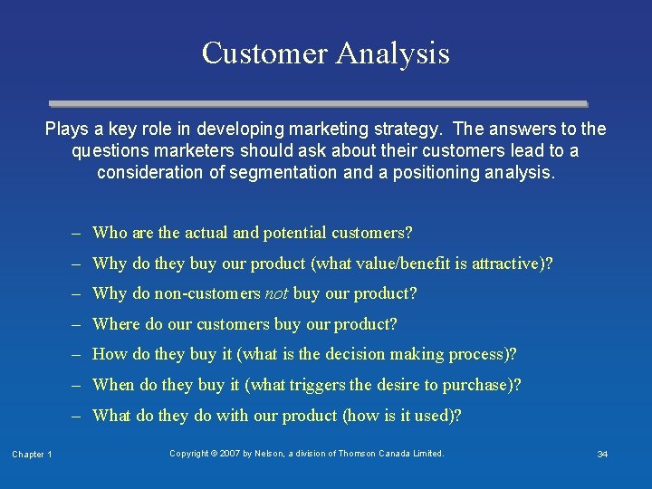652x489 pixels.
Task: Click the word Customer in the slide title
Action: coord(264,53)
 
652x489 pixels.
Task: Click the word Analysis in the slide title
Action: coord(393,53)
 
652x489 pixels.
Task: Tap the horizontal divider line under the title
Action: coord(318,104)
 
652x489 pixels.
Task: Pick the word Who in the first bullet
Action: coord(110,233)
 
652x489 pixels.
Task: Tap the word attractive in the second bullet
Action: coord(509,264)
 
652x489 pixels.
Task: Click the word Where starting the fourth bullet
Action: coord(116,324)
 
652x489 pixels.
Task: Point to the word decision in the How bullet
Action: coord(356,354)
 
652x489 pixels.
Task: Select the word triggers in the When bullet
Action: coord(317,385)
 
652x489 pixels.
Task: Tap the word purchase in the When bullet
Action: coord(481,385)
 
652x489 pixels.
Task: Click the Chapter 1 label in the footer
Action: coord(32,454)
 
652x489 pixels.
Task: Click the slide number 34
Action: coord(602,454)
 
